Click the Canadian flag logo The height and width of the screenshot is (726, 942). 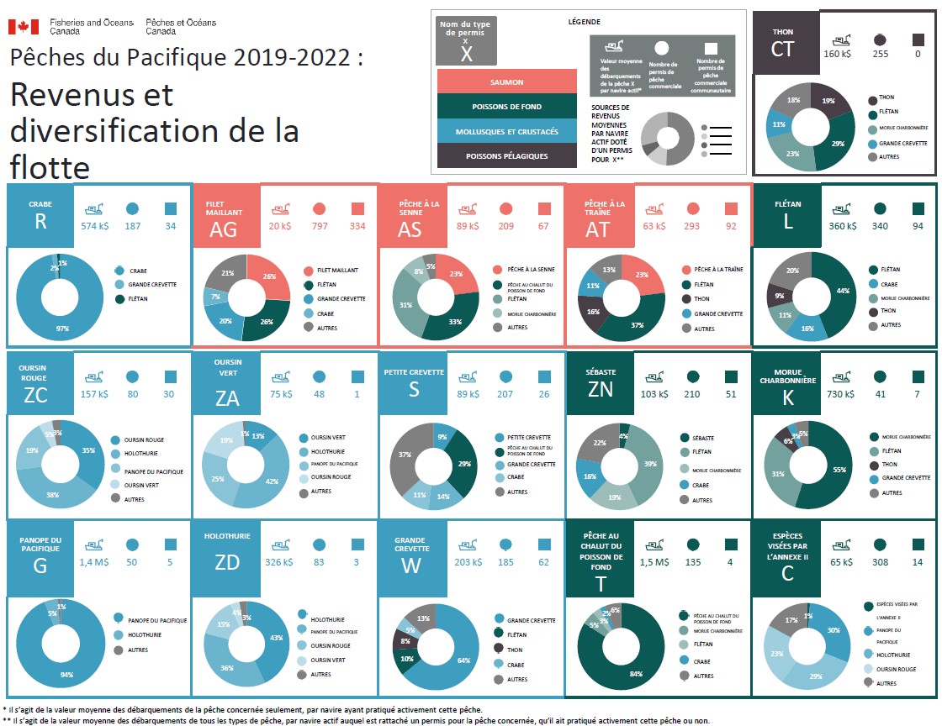click(19, 27)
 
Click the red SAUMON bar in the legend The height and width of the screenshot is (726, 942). click(506, 82)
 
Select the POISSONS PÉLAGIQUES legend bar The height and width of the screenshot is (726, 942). click(506, 156)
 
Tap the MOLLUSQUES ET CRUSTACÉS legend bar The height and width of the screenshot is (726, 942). click(506, 132)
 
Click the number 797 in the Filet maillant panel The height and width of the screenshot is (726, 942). click(319, 225)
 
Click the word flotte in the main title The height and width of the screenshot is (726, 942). click(50, 167)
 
